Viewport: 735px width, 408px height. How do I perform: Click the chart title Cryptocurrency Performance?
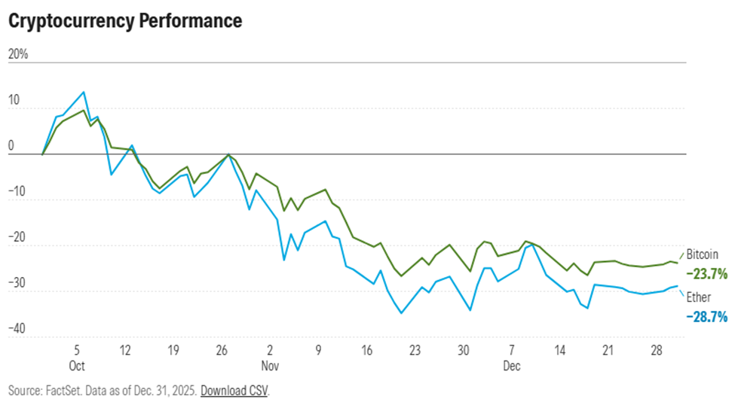125,21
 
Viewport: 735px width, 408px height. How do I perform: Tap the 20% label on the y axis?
18,55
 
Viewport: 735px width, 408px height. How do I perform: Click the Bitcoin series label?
702,255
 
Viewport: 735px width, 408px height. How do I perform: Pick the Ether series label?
698,298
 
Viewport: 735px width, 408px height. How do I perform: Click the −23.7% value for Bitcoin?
706,275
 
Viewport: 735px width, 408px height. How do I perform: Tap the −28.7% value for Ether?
706,318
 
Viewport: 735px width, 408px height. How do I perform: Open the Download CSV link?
234,391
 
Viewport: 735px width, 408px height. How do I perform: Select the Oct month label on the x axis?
77,366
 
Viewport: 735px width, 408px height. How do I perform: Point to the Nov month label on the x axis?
271,366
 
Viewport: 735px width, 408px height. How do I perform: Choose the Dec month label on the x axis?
512,366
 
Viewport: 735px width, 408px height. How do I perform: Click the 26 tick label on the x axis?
222,350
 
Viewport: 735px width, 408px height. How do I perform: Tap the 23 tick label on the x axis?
415,350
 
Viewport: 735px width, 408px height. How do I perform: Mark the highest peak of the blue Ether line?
84,92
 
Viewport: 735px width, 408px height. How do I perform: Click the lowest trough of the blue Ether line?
401,313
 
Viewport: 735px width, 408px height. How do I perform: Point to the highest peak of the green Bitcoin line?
84,110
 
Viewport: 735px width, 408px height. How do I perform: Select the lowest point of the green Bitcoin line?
401,276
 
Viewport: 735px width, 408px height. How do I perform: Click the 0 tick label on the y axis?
11,146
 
